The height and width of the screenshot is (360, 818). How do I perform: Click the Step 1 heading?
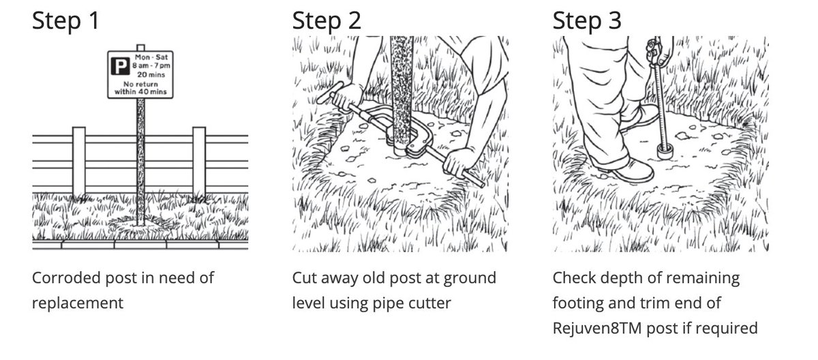(x=65, y=21)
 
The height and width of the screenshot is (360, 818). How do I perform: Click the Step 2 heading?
(x=327, y=21)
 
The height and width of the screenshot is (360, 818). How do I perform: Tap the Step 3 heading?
(x=587, y=21)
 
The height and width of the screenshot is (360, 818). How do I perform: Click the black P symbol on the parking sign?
(x=120, y=66)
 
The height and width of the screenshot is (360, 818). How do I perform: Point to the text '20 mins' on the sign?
(x=151, y=75)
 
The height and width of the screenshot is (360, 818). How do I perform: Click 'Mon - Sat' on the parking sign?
(x=151, y=57)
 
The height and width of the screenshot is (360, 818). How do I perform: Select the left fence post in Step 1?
(x=79, y=163)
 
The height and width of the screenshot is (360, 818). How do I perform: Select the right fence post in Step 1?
(x=199, y=163)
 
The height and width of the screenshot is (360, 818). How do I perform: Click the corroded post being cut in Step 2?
(x=402, y=95)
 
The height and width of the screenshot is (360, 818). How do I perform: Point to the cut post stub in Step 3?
(x=665, y=151)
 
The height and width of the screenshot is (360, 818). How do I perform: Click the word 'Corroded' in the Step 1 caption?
(x=66, y=278)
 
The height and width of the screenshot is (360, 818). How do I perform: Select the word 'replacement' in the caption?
(x=78, y=303)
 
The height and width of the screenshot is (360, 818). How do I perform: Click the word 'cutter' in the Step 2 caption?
(x=430, y=303)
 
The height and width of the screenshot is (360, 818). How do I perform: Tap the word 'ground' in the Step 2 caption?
(x=470, y=279)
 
